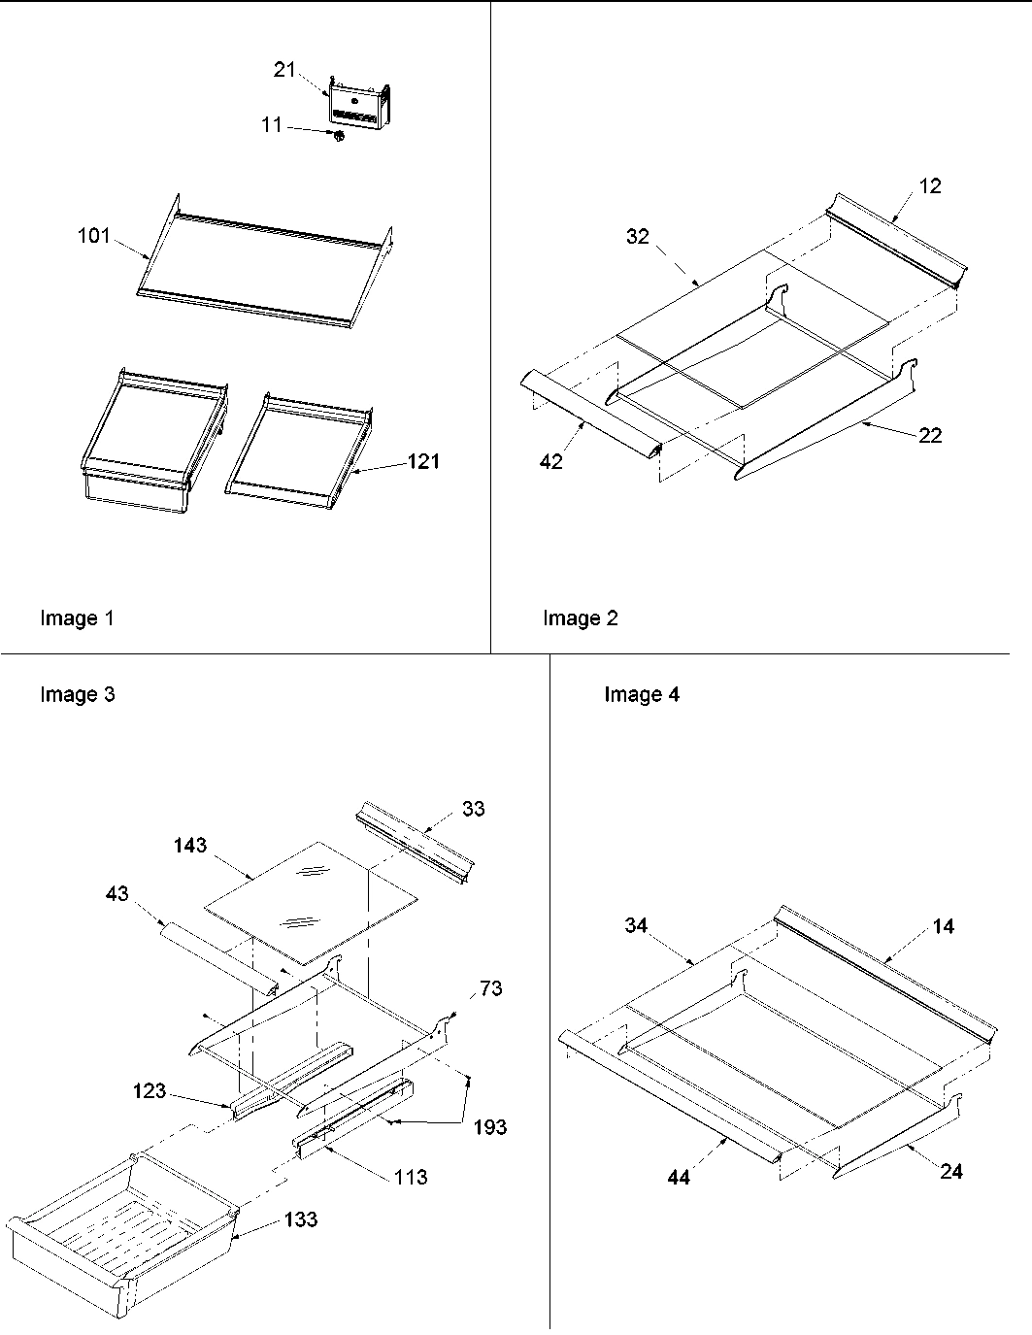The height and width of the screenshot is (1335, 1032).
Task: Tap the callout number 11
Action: pos(272,125)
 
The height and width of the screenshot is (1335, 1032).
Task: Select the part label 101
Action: pos(94,236)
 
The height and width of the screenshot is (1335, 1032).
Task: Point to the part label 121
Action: pos(423,461)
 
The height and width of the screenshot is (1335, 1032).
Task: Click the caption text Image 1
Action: pos(77,618)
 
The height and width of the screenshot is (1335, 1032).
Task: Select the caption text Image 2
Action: pos(580,618)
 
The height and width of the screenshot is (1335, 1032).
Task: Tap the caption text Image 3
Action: pos(77,694)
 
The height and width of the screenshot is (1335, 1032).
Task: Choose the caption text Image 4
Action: pos(642,694)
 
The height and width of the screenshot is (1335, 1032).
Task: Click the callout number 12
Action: pos(929,185)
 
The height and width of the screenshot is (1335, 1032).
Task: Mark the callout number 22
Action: pos(929,436)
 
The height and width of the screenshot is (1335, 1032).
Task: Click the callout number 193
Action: pos(490,1127)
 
